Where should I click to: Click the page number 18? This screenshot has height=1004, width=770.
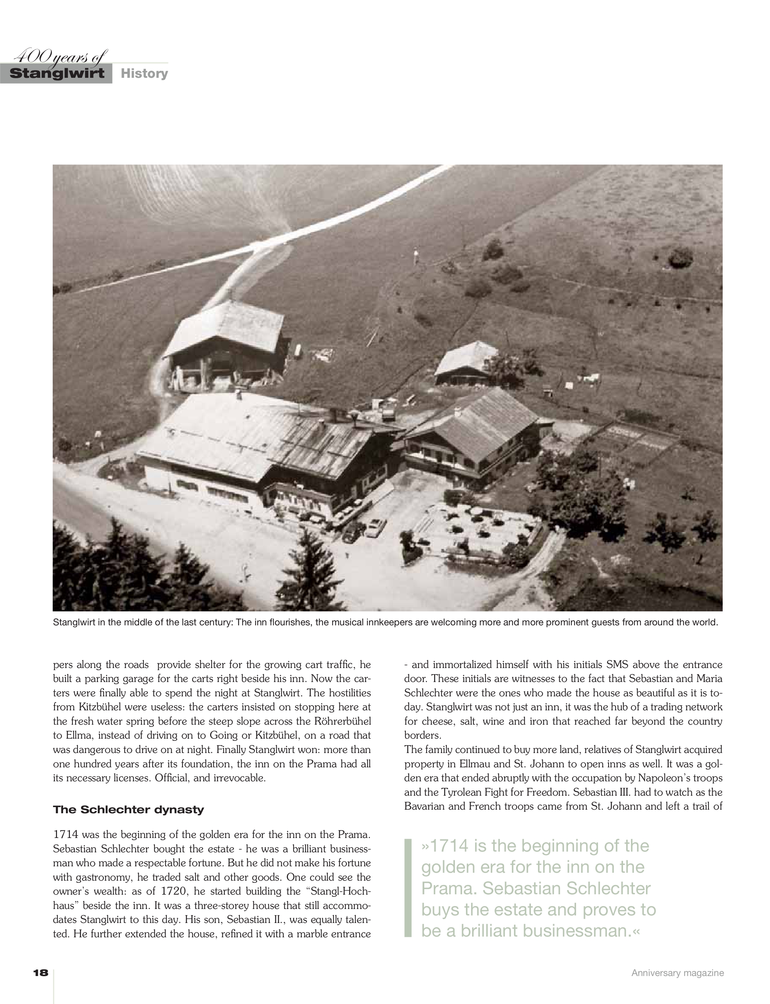tap(41, 973)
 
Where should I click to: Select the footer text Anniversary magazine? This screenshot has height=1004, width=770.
tap(678, 973)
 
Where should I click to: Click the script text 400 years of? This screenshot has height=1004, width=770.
tap(60, 57)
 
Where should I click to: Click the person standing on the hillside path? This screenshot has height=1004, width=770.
tap(416, 255)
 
